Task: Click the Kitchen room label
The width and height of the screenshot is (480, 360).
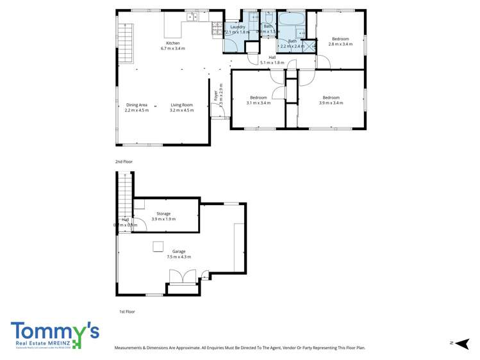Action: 172,43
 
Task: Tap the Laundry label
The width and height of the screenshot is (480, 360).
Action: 238,27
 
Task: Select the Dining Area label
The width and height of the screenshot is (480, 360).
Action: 137,105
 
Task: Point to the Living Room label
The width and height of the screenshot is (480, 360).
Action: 181,105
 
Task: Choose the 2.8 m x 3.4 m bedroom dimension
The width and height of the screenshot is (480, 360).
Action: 340,44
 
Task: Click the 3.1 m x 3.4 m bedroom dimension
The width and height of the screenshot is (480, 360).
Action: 258,102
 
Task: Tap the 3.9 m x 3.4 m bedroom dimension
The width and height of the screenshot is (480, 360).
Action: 331,102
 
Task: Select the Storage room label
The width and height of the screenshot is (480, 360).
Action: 163,213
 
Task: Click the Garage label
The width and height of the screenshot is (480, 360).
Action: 179,251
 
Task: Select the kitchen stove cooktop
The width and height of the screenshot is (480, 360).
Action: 217,28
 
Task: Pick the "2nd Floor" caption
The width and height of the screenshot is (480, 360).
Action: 123,162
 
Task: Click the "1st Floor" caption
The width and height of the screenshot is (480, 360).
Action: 126,311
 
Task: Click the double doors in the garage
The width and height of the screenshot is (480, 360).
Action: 182,277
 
